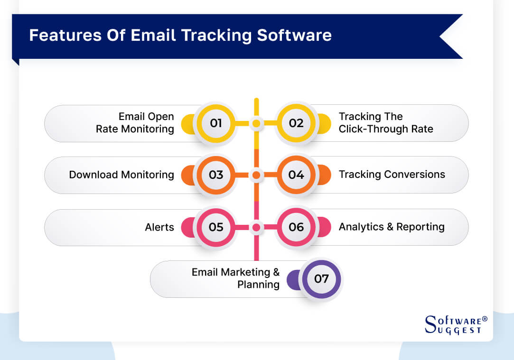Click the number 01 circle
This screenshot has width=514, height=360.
point(216,123)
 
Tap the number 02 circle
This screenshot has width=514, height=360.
point(296,123)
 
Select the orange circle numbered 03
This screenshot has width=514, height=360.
point(216,175)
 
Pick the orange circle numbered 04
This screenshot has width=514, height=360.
point(296,175)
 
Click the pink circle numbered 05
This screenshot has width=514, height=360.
point(216,227)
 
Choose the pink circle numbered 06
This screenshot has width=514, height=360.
point(296,227)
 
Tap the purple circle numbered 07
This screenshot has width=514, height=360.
point(321,279)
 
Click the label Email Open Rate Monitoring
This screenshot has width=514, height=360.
point(135,123)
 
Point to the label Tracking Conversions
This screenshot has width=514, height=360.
point(392,175)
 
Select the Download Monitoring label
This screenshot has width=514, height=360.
point(121,175)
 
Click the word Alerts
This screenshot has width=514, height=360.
point(159,227)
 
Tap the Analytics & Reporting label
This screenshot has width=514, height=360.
point(392,227)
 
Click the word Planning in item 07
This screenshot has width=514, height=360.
point(258,285)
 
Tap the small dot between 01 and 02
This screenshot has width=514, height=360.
point(256,123)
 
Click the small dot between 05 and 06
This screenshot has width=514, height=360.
point(256,227)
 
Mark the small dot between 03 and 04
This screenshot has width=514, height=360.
point(256,175)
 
